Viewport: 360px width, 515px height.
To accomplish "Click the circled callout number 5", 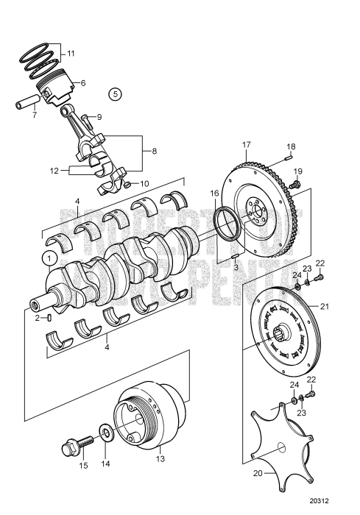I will click(113, 93).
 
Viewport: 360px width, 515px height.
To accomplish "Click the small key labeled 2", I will click(49, 317).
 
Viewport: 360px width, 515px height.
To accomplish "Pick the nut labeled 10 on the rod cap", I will click(127, 184).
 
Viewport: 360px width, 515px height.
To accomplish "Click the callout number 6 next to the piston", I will click(83, 83).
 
